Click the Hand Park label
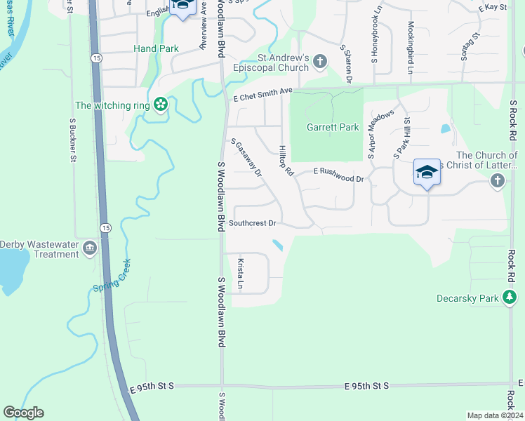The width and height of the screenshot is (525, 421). [x=156, y=48]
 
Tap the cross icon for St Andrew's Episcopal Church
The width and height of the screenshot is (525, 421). [x=319, y=62]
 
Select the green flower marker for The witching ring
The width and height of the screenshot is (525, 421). [x=161, y=105]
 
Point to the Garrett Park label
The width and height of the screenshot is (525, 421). [x=333, y=127]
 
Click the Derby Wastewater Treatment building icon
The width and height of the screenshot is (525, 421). [x=90, y=248]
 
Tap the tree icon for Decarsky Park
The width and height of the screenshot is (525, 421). [x=510, y=298]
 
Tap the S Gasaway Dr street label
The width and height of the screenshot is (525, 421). [x=246, y=157]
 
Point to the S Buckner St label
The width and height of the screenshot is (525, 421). [x=72, y=139]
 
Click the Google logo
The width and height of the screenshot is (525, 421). [x=23, y=413]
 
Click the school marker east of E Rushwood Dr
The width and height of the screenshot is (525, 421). [x=427, y=173]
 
